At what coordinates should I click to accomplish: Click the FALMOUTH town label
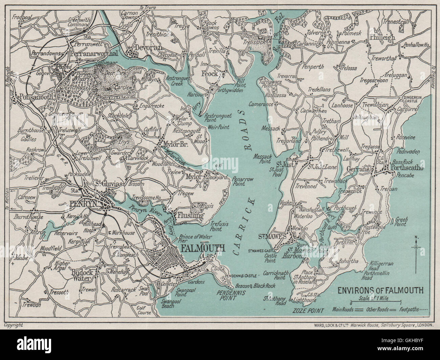point(203,248)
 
